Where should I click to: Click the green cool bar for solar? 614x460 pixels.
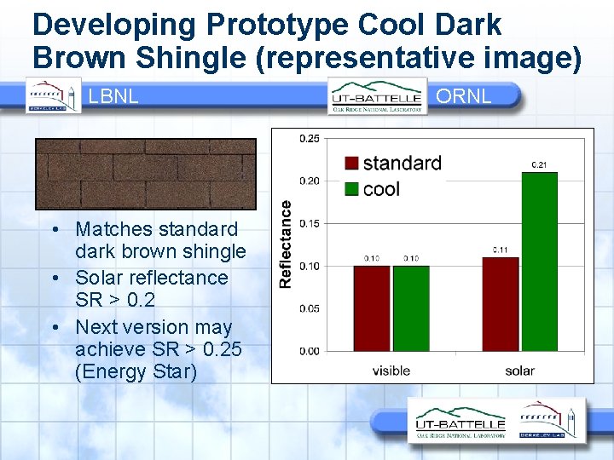click(x=539, y=262)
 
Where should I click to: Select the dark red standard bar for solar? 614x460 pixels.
click(x=501, y=304)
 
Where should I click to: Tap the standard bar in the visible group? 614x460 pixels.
click(x=372, y=308)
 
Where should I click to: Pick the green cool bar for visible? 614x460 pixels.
click(x=411, y=308)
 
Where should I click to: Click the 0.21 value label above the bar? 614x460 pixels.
click(x=539, y=164)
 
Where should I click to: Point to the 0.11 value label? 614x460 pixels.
click(x=501, y=250)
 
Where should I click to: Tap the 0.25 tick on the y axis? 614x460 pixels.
click(x=310, y=138)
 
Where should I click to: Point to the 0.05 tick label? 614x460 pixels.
click(x=310, y=308)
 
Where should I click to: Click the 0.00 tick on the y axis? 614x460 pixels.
click(x=310, y=351)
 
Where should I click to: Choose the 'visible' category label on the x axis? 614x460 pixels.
click(x=391, y=371)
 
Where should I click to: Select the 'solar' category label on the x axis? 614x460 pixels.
click(x=519, y=371)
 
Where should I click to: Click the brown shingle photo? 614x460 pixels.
click(x=145, y=174)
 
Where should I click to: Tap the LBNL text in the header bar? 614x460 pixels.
click(x=113, y=96)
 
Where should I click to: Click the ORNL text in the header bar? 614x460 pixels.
click(x=463, y=95)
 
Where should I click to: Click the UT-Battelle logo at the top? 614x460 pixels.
click(x=378, y=95)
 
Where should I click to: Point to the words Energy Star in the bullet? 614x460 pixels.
click(x=136, y=373)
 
